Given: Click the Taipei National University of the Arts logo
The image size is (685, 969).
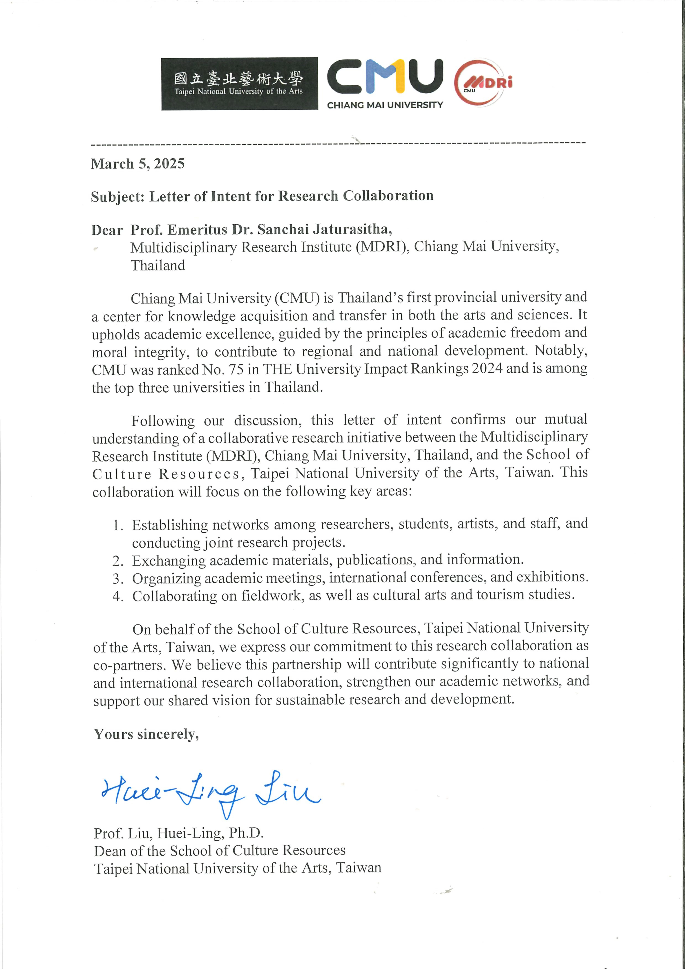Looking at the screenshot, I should click(239, 84).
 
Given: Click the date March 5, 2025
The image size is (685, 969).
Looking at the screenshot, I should click(138, 164).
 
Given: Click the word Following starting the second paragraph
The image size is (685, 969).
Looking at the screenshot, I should click(163, 421).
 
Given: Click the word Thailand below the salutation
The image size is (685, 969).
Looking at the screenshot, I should click(157, 265).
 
